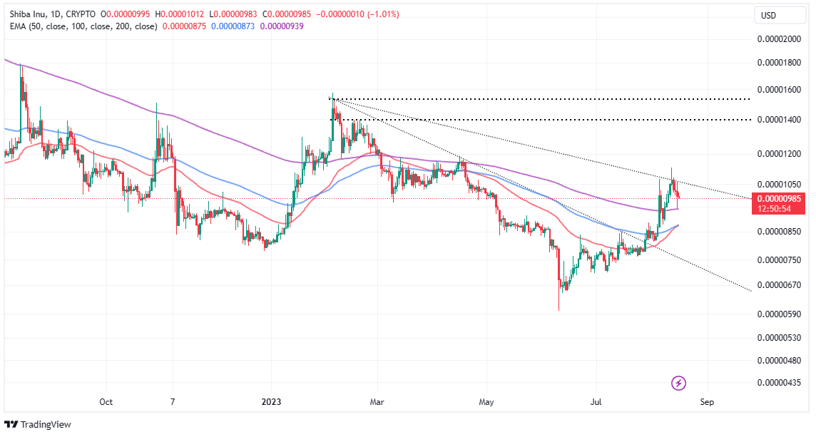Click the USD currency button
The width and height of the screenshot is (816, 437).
pos(768,16)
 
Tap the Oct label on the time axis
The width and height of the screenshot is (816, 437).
pos(106,402)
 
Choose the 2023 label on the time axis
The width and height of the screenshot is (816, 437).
pos(271,402)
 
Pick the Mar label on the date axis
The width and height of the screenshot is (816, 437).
pos(377,402)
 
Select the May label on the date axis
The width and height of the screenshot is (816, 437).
pos(486,402)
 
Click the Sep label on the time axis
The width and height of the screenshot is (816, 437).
pos(707,402)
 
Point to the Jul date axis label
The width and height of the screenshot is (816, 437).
pos(596,402)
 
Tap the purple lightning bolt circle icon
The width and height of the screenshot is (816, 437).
pos(679,384)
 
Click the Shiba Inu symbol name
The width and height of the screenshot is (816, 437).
pos(25,14)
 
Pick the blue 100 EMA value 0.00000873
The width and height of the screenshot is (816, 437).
pos(234,26)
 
